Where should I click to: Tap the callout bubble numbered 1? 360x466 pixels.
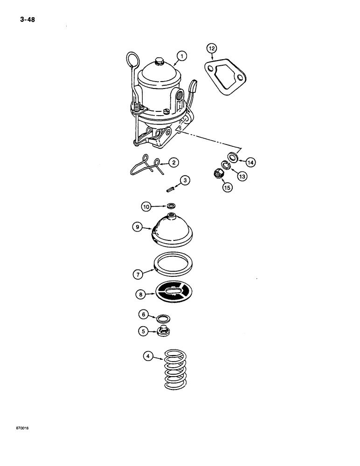tap(181, 57)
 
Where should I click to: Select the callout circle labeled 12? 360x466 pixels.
tap(211, 48)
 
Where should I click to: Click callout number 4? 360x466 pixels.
tap(148, 357)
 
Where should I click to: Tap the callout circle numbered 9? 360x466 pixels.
tap(137, 227)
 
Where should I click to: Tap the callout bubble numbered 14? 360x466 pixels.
tap(251, 162)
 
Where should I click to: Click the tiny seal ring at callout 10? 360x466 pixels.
tap(172, 205)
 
